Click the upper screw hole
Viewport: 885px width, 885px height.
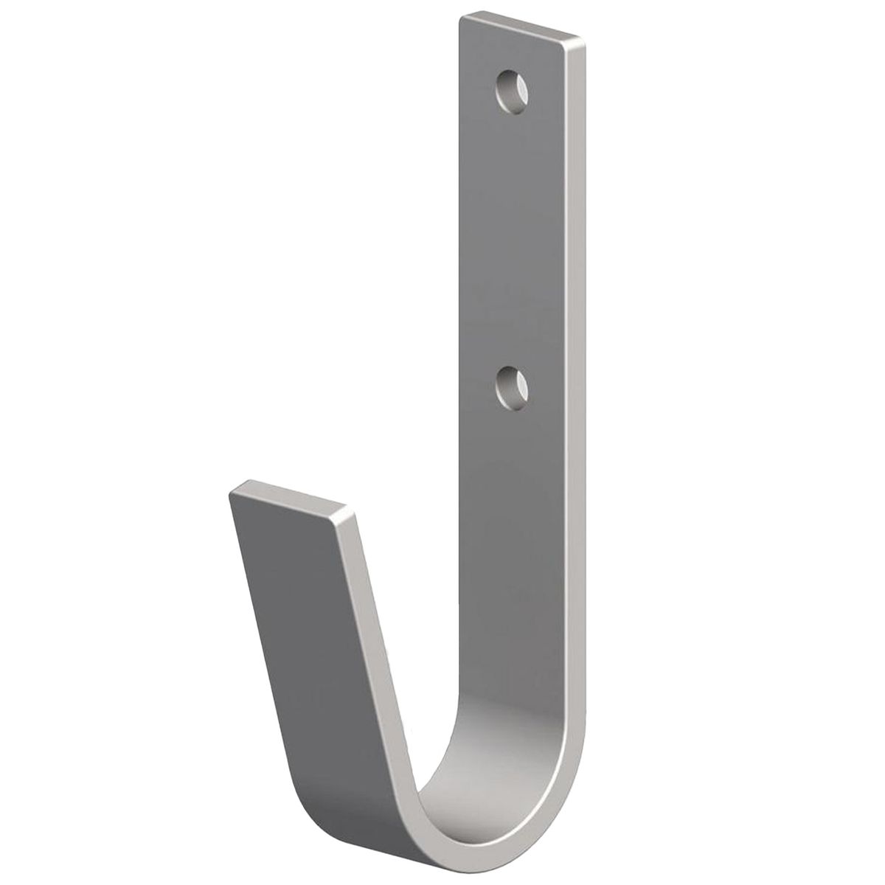point(513,92)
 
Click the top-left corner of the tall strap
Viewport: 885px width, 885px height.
point(460,16)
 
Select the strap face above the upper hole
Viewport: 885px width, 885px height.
point(513,52)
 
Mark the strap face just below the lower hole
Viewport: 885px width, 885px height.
point(513,442)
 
